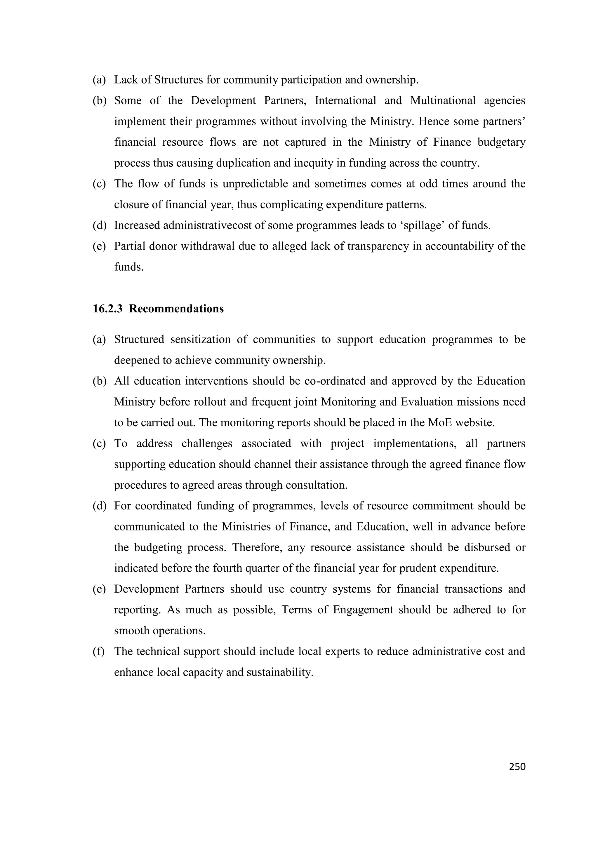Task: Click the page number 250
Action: tap(517, 767)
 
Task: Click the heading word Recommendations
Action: tap(176, 309)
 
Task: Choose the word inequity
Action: tap(314, 163)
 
